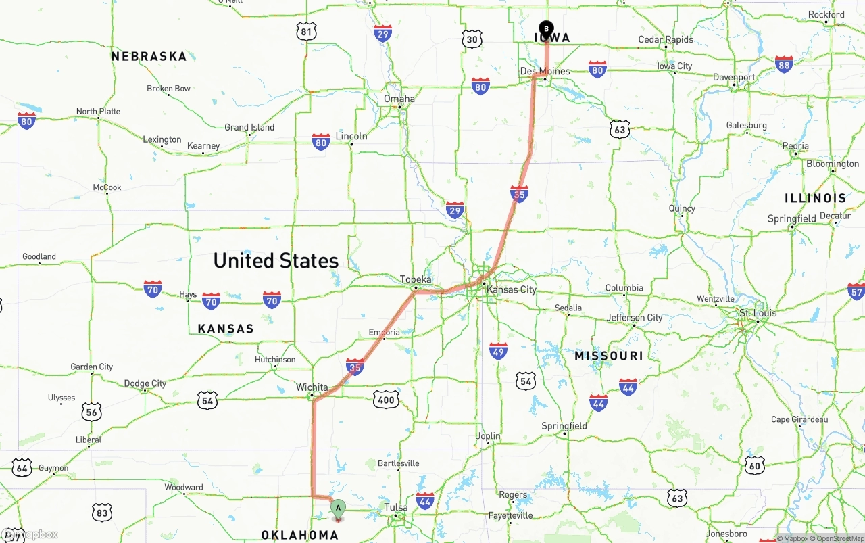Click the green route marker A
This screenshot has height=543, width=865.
click(338, 509)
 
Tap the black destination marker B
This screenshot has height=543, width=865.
click(546, 28)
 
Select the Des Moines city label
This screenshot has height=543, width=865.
click(545, 71)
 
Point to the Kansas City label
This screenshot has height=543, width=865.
click(511, 289)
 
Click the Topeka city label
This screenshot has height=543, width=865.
click(415, 279)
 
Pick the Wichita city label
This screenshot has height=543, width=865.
click(312, 387)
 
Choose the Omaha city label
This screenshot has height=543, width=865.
click(399, 99)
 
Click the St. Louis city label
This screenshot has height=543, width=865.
click(758, 313)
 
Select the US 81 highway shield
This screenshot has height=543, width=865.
click(307, 31)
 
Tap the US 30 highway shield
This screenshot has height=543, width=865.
click(472, 39)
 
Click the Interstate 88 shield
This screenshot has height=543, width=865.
click(784, 65)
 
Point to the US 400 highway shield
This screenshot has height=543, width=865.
click(385, 400)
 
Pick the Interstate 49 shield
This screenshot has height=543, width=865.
click(498, 350)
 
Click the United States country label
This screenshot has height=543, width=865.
click(276, 260)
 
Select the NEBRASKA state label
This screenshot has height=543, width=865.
click(149, 56)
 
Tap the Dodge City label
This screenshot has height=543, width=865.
click(145, 383)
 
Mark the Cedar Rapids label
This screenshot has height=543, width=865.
click(666, 40)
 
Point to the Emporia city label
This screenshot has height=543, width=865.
click(384, 332)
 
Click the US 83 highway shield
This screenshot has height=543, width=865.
click(101, 513)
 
